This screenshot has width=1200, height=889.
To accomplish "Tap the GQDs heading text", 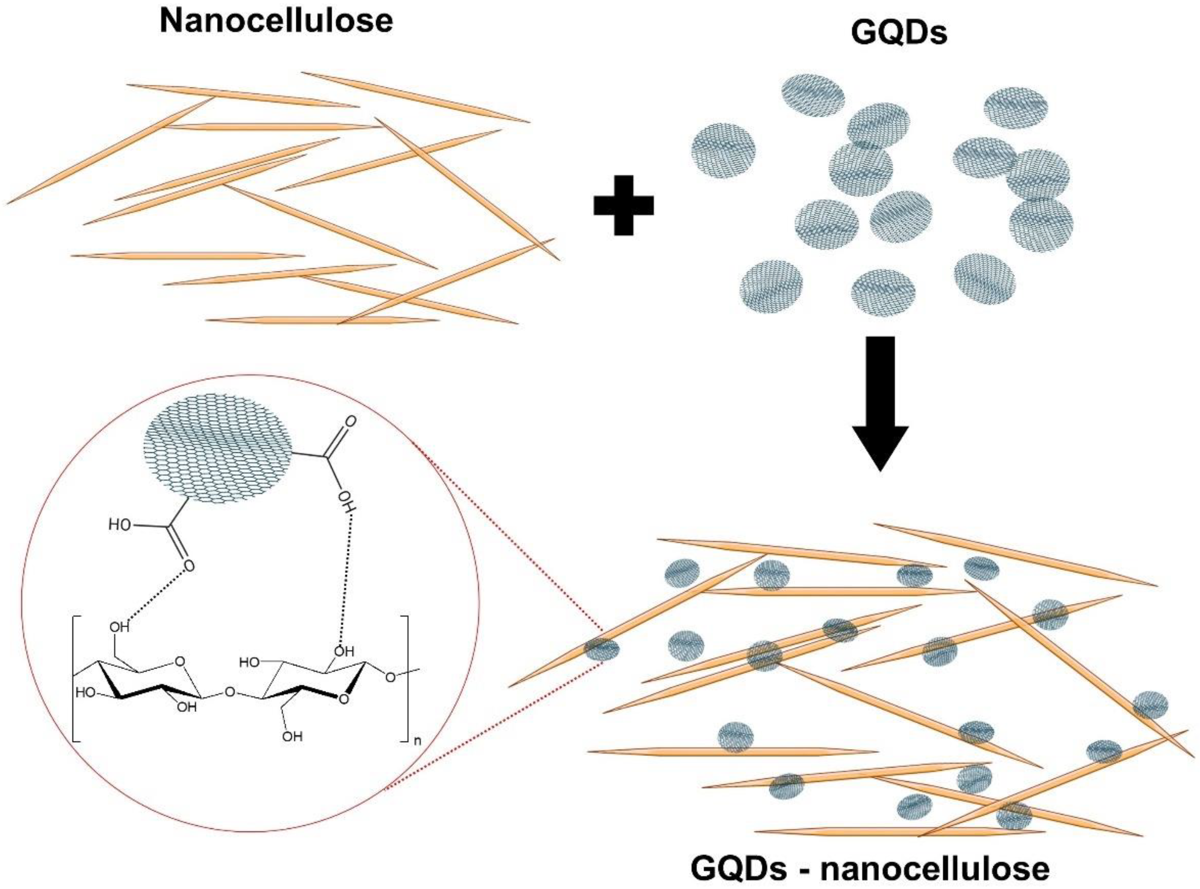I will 899,33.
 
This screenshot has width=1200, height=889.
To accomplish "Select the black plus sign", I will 623,205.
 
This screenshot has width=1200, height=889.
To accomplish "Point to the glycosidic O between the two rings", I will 230,691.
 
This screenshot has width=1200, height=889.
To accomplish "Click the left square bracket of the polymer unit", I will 75,679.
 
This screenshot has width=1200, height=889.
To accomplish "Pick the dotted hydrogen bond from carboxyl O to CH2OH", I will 156,597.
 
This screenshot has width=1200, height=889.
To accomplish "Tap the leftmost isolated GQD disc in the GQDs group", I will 723,151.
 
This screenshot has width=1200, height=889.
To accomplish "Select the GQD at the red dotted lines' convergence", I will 602,649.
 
